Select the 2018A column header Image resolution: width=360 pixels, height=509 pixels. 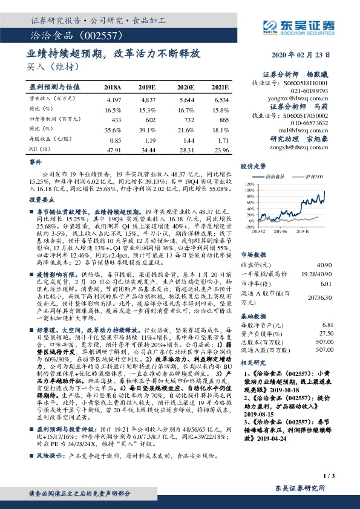(x=113, y=87)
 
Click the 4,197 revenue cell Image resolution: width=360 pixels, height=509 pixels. (x=113, y=98)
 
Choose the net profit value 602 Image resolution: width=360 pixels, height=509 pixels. (x=149, y=119)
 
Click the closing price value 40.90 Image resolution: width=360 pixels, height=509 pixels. (x=326, y=264)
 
